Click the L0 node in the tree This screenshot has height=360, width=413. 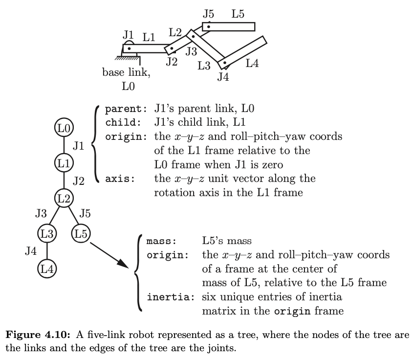64,128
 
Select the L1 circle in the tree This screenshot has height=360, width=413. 64,162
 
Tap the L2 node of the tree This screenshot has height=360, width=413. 64,198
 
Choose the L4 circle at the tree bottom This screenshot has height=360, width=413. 46,269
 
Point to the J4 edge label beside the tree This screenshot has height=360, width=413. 30,251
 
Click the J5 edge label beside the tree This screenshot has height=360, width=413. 84,213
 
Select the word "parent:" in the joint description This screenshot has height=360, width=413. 124,109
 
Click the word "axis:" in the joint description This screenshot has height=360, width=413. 120,179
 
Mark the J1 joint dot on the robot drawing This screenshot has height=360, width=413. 129,48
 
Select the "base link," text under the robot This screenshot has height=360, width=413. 127,73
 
